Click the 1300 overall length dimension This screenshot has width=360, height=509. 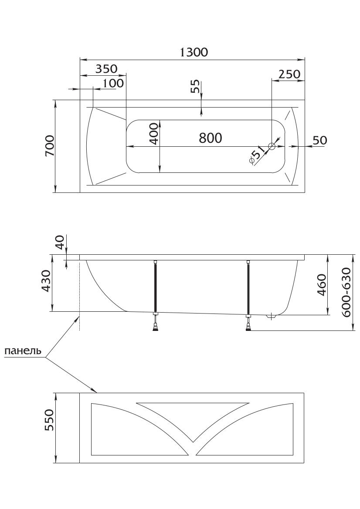[194, 52]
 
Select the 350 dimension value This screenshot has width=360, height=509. [106, 69]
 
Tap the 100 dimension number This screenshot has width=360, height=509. [113, 83]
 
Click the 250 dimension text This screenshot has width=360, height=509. [289, 74]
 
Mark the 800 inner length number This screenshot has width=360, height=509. [210, 138]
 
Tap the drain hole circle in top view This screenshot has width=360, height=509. [272, 146]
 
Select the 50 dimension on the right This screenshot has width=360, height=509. [320, 140]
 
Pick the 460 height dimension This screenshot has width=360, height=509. [322, 285]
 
